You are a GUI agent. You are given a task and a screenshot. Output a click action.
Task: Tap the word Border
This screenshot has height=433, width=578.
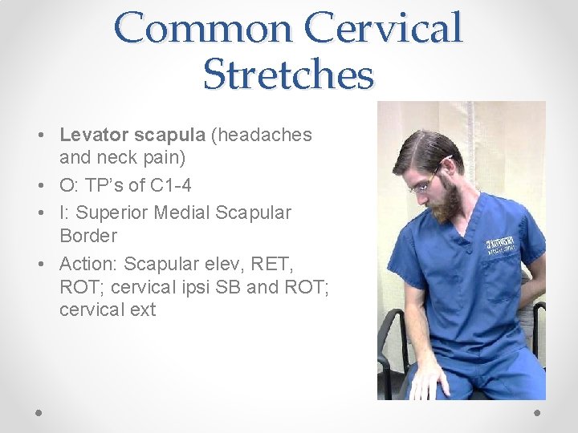tap(88, 236)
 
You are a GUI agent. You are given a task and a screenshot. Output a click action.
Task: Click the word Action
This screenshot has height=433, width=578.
tap(87, 263)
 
